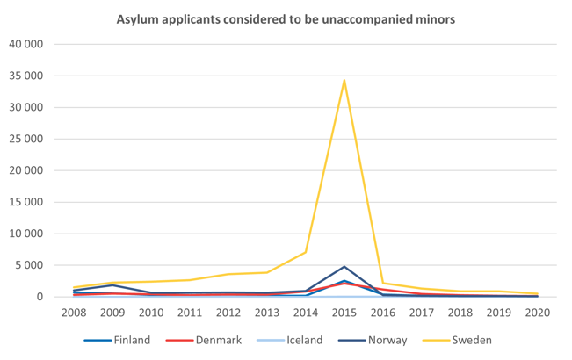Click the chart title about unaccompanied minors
(x=286, y=18)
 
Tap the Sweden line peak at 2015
(x=344, y=81)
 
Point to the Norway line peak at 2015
(x=344, y=266)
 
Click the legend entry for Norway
(x=386, y=340)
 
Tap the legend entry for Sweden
(x=470, y=340)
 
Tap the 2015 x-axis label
(x=344, y=312)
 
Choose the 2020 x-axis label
(x=537, y=312)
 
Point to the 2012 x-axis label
(x=228, y=312)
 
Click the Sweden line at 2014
(x=306, y=252)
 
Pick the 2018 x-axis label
(x=460, y=312)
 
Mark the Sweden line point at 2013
(x=267, y=272)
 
